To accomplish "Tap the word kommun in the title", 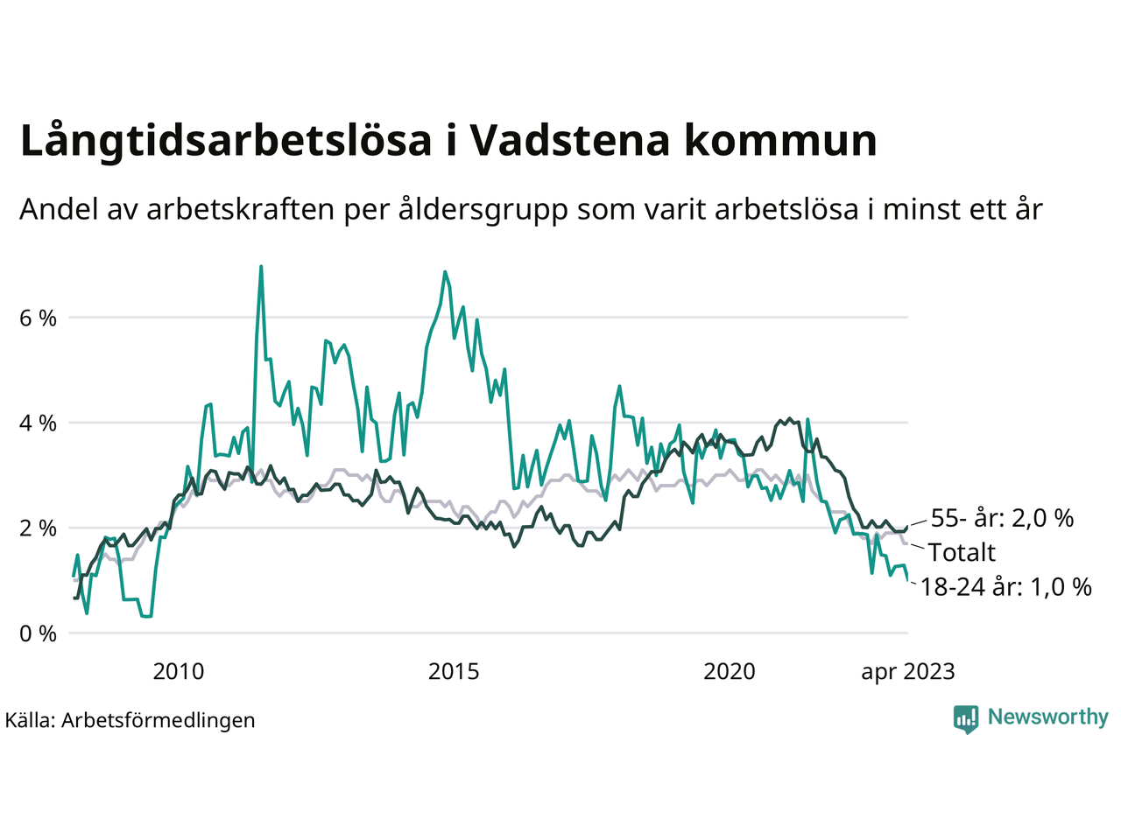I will pos(780,141).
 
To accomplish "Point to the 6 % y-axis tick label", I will pos(38,318).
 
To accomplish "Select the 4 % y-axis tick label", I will pos(38,423).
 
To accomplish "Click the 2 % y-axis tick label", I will pos(38,528).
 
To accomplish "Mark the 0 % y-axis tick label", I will pos(38,633).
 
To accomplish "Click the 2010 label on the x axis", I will pos(178,672).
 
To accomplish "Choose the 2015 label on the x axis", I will pos(454,672).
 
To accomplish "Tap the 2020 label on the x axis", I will pos(730,672).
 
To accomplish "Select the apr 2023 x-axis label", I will pos(908,672).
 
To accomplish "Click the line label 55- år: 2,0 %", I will pos(1002,518).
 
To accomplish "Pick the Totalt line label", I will pos(962,552).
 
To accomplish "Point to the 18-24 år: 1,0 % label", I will pos(1005,586).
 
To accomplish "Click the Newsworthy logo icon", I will pos(966,718).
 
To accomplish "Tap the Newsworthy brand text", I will pos(1048,717).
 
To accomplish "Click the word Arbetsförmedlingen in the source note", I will pos(159,720).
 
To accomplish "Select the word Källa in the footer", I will pos(30,720).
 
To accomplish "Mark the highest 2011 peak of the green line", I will pos(261,267).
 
